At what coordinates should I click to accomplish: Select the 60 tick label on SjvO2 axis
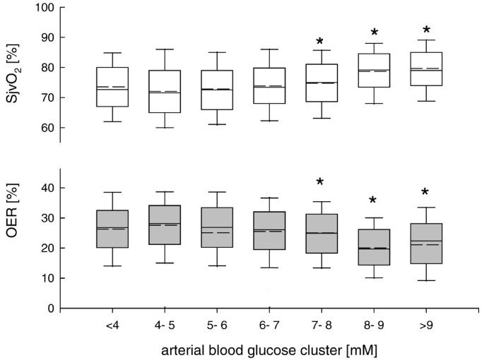48,128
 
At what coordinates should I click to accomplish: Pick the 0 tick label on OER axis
51,308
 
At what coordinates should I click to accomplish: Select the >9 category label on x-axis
426,327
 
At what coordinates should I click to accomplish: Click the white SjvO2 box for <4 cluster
112,87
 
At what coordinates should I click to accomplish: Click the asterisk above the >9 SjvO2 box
426,31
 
